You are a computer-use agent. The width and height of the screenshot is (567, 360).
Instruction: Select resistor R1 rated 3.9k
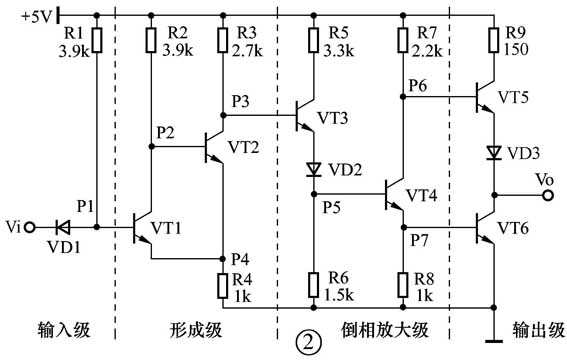(97, 40)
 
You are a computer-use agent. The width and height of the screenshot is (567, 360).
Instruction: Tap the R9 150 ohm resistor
(493, 40)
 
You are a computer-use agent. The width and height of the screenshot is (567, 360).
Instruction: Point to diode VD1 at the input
(64, 227)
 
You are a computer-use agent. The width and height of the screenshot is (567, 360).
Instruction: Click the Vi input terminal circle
(32, 227)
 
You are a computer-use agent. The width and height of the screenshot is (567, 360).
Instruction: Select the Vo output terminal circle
(547, 195)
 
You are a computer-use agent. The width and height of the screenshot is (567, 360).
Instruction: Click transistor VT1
(144, 228)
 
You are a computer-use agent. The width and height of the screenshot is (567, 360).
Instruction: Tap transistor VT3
(306, 117)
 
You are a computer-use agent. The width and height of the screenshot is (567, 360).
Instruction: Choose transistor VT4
(396, 196)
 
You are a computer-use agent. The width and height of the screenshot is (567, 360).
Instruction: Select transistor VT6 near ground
(486, 228)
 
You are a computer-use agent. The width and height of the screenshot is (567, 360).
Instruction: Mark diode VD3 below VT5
(493, 152)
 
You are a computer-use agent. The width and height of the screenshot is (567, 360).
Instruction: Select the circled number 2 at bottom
(308, 342)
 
